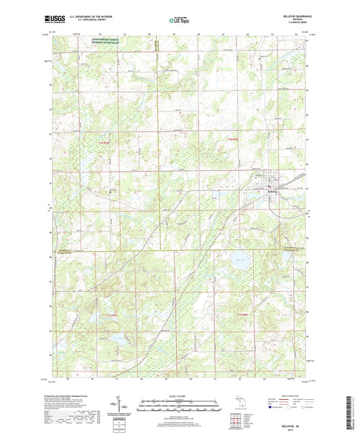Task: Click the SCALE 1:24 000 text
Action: tap(179, 396)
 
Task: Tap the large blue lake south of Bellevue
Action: tap(238, 258)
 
